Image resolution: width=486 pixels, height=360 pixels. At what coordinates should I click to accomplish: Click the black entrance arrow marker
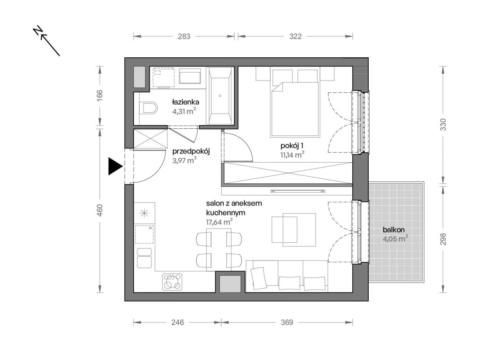pos(115,166)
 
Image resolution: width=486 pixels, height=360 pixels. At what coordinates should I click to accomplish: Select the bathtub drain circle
pos(220,96)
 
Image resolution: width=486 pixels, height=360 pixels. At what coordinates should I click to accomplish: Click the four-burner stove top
pos(172,282)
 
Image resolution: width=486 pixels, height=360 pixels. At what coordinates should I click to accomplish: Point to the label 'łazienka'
pos(186,102)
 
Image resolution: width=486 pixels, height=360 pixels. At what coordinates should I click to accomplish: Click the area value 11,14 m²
pos(292,155)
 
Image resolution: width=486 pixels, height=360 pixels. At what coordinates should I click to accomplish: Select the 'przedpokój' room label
pos(191,152)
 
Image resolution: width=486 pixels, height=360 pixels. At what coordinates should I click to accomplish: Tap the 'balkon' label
pos(393,230)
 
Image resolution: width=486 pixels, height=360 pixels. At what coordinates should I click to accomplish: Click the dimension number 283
pos(184,36)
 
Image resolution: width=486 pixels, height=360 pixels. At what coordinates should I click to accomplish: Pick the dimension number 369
pos(287,322)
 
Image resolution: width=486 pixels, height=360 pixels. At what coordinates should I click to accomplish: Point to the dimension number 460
pos(100,210)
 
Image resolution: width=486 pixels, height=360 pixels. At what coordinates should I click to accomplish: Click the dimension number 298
pos(443,239)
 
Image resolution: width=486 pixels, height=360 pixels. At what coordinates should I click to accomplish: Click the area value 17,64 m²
pos(219,222)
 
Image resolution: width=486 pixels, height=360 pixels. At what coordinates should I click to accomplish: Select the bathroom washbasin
pos(190,76)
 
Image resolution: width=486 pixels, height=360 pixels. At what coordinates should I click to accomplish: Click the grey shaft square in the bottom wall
pos(230,284)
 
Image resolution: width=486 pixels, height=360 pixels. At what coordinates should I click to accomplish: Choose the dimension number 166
pos(100,95)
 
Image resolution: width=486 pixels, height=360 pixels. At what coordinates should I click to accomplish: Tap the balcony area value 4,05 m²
pos(395,238)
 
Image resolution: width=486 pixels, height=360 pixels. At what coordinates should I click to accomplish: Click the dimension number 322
pos(295,36)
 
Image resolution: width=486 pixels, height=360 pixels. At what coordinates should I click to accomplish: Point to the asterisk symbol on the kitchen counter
pos(144,213)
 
